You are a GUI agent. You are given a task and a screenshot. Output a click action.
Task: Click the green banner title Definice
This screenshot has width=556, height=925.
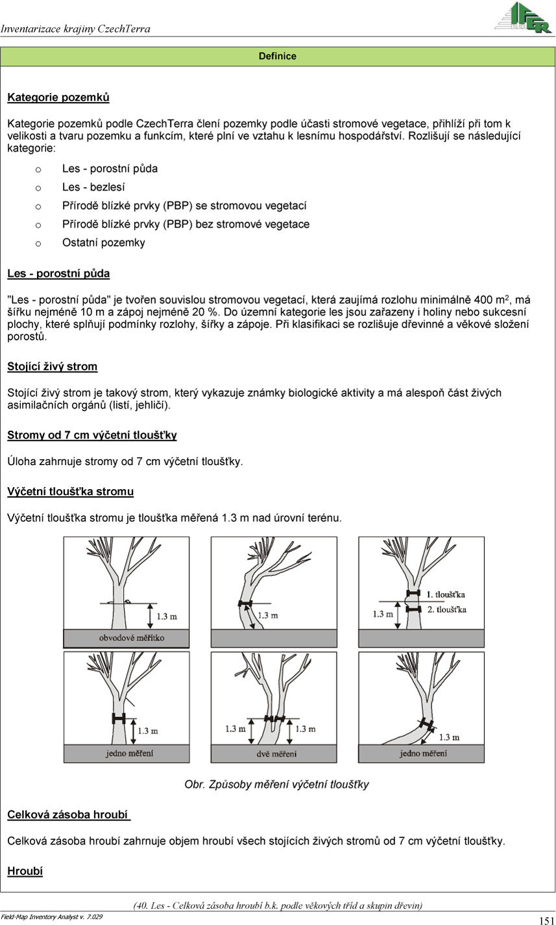pyautogui.click(x=278, y=57)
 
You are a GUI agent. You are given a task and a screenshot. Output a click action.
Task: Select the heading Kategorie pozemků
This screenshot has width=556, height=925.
pyautogui.click(x=58, y=98)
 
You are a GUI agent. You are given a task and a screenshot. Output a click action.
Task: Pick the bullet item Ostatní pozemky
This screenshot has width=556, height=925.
pyautogui.click(x=104, y=243)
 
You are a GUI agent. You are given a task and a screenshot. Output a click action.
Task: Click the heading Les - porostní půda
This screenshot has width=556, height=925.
pyautogui.click(x=58, y=273)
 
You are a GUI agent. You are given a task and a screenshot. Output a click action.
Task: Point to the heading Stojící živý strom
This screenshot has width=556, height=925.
pyautogui.click(x=53, y=366)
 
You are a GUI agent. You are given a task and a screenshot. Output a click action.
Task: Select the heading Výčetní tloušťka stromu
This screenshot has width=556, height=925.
pyautogui.click(x=71, y=492)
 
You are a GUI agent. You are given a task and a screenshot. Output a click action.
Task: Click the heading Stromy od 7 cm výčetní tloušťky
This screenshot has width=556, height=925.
pyautogui.click(x=92, y=435)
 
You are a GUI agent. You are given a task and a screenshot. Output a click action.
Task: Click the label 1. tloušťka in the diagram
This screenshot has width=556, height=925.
pyautogui.click(x=446, y=594)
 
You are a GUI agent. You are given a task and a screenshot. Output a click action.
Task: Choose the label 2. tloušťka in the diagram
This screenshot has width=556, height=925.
pyautogui.click(x=446, y=610)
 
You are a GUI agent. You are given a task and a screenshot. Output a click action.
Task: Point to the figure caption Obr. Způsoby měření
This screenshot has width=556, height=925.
pyautogui.click(x=277, y=785)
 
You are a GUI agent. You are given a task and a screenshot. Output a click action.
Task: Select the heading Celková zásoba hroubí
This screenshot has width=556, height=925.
pyautogui.click(x=67, y=815)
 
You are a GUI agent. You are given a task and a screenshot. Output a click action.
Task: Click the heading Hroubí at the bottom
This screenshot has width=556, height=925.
pyautogui.click(x=25, y=871)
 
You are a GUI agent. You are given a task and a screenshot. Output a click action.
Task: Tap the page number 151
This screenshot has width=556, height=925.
pyautogui.click(x=546, y=920)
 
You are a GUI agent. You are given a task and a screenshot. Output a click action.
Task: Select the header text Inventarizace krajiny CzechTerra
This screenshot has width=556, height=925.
pyautogui.click(x=76, y=29)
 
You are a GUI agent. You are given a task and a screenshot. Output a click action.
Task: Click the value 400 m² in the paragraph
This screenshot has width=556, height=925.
pyautogui.click(x=493, y=300)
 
